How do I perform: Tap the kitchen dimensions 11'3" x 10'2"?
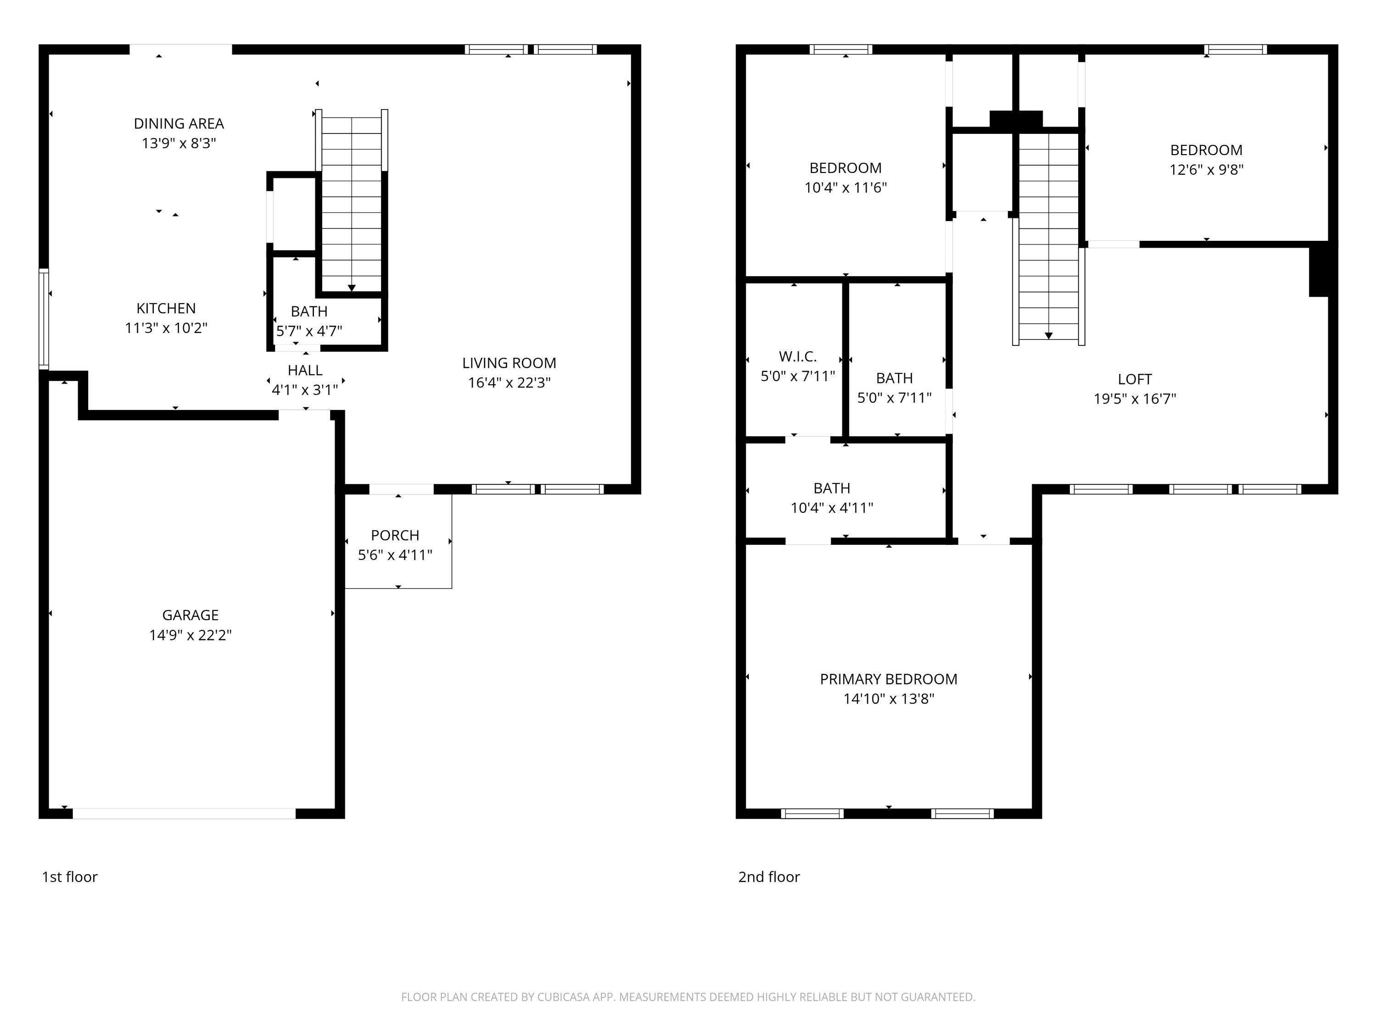(166, 328)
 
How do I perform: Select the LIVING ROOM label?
(509, 363)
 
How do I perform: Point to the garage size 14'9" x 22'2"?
(190, 634)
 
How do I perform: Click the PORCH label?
(395, 535)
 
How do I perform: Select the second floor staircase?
(1048, 236)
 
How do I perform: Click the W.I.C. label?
(797, 356)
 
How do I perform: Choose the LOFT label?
(1134, 379)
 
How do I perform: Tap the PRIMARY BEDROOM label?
(888, 679)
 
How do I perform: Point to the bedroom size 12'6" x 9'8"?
(1206, 169)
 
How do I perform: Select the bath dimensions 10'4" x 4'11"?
(831, 508)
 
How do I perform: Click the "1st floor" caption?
(70, 877)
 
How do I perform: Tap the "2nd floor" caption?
(769, 877)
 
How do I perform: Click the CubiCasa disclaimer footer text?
(688, 997)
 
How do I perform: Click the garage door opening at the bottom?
(184, 813)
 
